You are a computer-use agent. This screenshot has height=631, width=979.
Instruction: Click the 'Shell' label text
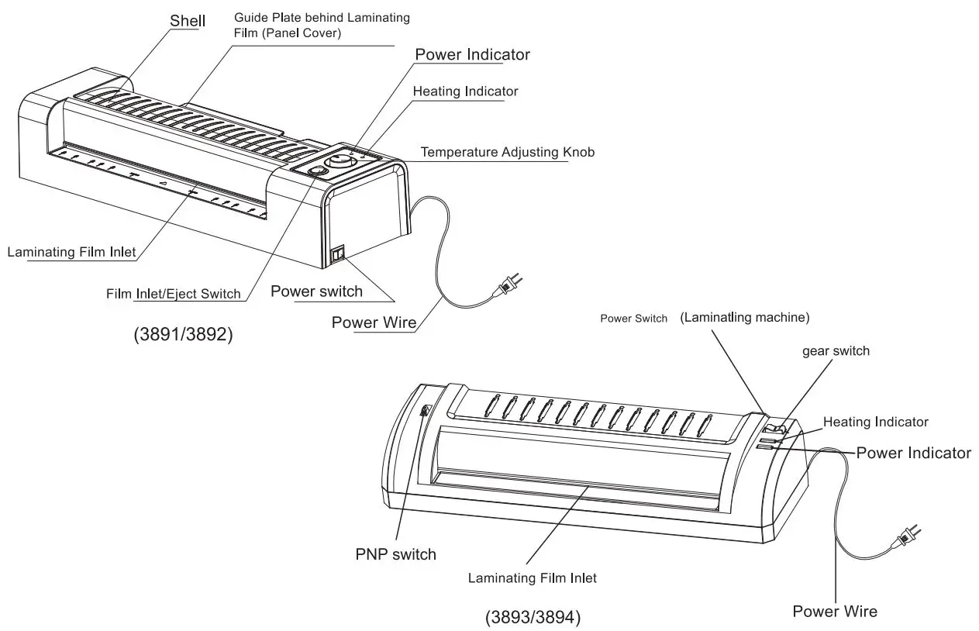pos(188,20)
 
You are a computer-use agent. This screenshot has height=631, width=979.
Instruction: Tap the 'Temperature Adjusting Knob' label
pos(508,152)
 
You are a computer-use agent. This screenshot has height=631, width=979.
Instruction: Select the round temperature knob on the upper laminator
pos(338,162)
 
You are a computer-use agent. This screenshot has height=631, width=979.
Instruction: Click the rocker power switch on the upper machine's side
pos(338,254)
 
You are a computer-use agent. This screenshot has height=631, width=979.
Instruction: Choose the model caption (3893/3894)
pos(533,618)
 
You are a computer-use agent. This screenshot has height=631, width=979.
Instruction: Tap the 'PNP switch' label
pos(395,553)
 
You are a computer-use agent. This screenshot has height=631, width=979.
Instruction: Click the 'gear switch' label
pos(836,351)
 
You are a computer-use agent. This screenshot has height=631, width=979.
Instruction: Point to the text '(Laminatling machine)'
pos(744,317)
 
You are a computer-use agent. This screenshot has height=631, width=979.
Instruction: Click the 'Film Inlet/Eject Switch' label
pos(174,294)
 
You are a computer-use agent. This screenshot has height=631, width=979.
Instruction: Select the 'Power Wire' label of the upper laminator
pos(374,322)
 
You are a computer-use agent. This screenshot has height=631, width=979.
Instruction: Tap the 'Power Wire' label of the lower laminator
pos(835,611)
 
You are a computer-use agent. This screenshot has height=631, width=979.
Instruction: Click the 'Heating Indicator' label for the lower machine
pos(875,422)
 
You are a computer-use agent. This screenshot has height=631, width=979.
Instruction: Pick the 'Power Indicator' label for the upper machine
pos(472,54)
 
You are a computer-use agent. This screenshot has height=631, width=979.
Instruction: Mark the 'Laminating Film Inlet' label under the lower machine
pos(532,578)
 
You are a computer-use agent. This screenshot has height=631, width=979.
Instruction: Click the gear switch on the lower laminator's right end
pos(773,427)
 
